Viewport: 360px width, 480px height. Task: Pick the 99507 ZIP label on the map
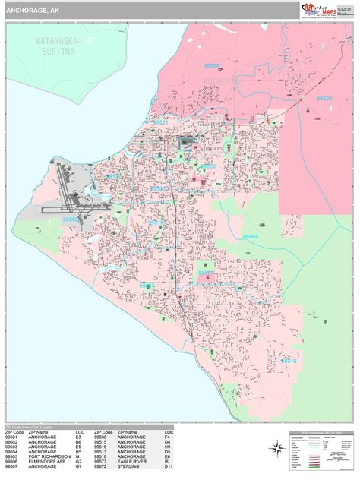coord(206,272)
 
